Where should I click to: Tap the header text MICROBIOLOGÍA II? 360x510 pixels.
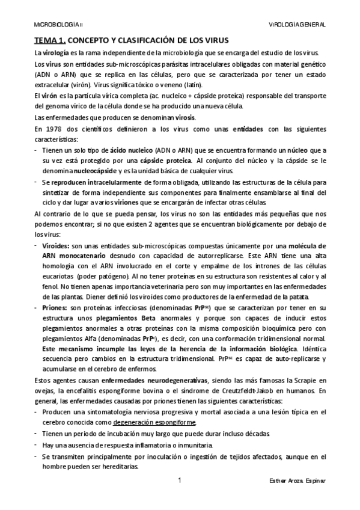tap(59, 25)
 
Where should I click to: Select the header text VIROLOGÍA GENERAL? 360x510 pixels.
tap(298, 25)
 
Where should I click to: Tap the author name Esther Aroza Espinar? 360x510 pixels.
tap(298, 482)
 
